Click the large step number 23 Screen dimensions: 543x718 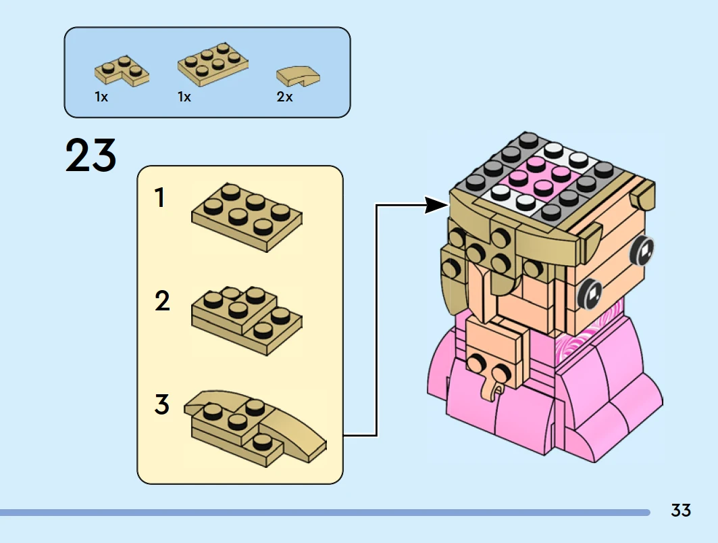point(91,156)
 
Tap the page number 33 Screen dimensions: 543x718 point(681,510)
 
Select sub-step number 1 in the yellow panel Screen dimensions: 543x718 point(160,198)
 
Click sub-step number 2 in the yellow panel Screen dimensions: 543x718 point(162,301)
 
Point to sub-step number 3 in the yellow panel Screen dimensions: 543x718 point(162,405)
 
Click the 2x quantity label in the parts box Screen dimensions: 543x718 point(284,97)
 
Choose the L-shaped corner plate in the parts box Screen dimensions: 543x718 point(122,69)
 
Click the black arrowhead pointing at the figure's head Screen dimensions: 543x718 point(436,205)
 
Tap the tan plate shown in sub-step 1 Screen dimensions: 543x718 point(247,216)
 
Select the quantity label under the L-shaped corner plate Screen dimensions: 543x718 point(101,97)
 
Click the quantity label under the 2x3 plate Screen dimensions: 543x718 point(184,97)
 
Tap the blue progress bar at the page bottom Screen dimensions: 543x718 point(324,513)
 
